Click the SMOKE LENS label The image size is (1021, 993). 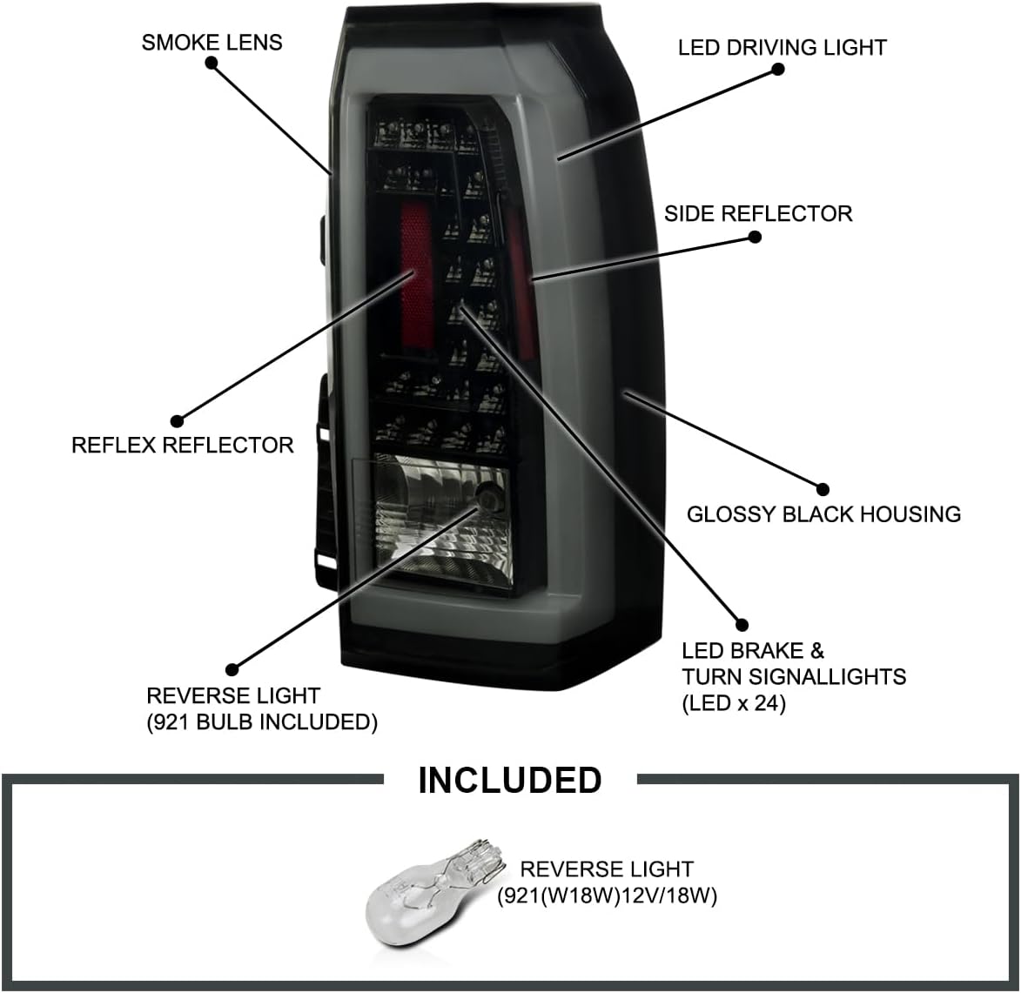(212, 42)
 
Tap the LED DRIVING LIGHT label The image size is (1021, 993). (782, 47)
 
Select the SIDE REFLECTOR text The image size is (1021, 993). (757, 213)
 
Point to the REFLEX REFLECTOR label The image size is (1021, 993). (182, 445)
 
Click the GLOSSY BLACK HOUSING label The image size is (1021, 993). (823, 513)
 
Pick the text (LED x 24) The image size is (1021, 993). (733, 702)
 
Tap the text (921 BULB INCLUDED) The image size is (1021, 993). (261, 722)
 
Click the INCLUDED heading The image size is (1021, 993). (509, 780)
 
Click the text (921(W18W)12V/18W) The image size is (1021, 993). (607, 896)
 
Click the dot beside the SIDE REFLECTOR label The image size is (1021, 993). (755, 237)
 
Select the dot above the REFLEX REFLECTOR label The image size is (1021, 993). (178, 422)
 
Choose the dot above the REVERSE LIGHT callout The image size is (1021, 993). (232, 669)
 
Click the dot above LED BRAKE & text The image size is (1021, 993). (742, 624)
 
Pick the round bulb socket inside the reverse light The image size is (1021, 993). (487, 499)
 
